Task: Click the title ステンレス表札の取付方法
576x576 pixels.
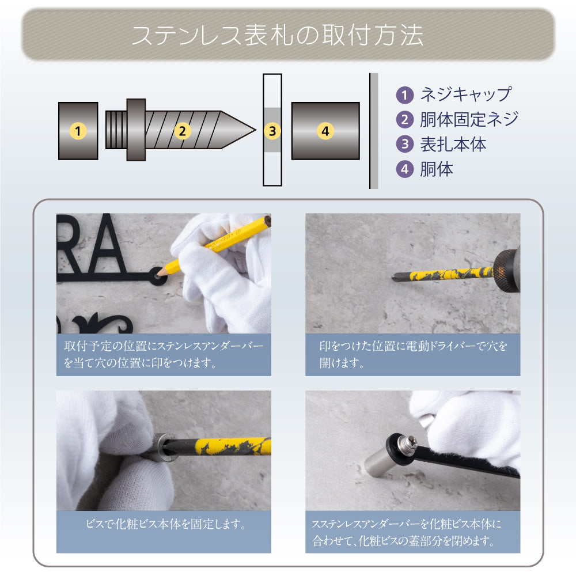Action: [278, 35]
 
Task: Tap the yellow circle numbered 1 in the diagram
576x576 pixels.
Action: [78, 131]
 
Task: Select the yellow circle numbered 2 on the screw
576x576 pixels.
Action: [182, 131]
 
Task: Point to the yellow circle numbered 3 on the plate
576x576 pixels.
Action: [272, 131]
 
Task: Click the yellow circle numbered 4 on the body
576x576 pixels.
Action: [325, 131]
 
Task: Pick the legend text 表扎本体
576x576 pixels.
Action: [453, 144]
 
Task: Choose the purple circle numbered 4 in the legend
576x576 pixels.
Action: [406, 169]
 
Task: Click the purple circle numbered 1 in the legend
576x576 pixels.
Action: [406, 95]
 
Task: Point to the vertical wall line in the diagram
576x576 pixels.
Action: [370, 131]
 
